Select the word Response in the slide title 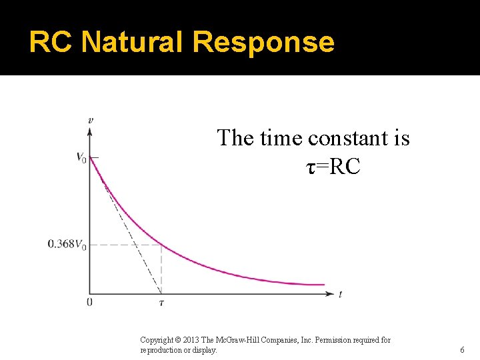click(263, 42)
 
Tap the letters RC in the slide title click(51, 42)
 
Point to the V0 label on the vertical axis click(81, 158)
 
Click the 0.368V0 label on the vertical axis click(67, 245)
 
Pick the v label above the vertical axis click(90, 120)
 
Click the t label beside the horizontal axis click(340, 294)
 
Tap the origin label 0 click(89, 303)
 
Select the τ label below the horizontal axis click(161, 303)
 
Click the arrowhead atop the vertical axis click(90, 131)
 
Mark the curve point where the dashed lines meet click(161, 245)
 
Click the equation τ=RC click(333, 167)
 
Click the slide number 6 click(462, 350)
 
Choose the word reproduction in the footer click(161, 350)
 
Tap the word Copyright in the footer click(157, 340)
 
